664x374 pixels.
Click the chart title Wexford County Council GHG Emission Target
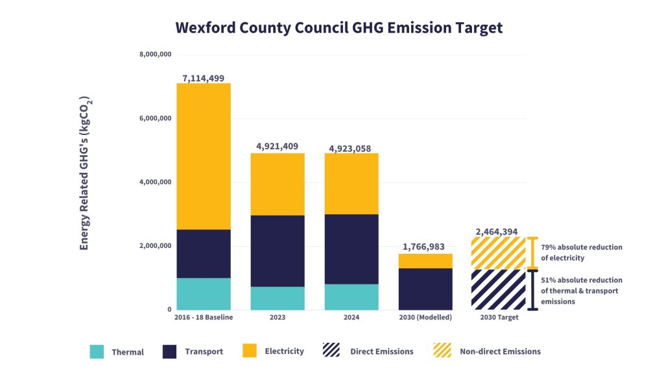338,27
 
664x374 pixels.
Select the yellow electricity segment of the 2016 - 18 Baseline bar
204,156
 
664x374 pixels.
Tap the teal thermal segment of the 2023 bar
278,298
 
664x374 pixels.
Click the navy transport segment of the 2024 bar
351,249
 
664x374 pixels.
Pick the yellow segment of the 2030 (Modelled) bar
425,261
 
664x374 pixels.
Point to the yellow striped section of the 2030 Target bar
499,253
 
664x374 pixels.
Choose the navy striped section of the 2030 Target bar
499,290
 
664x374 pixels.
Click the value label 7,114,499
203,78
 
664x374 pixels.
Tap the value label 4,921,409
277,146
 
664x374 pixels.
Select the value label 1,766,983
423,247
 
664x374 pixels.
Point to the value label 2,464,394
497,232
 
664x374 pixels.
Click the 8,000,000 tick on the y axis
156,55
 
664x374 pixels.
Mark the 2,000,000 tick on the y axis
156,245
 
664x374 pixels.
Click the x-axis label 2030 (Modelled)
425,317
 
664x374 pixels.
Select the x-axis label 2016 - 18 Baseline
204,317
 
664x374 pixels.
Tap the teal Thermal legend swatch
97,351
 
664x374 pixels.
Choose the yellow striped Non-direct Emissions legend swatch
442,350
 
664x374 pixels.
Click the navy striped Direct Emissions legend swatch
331,350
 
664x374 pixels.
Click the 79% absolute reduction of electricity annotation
582,253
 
